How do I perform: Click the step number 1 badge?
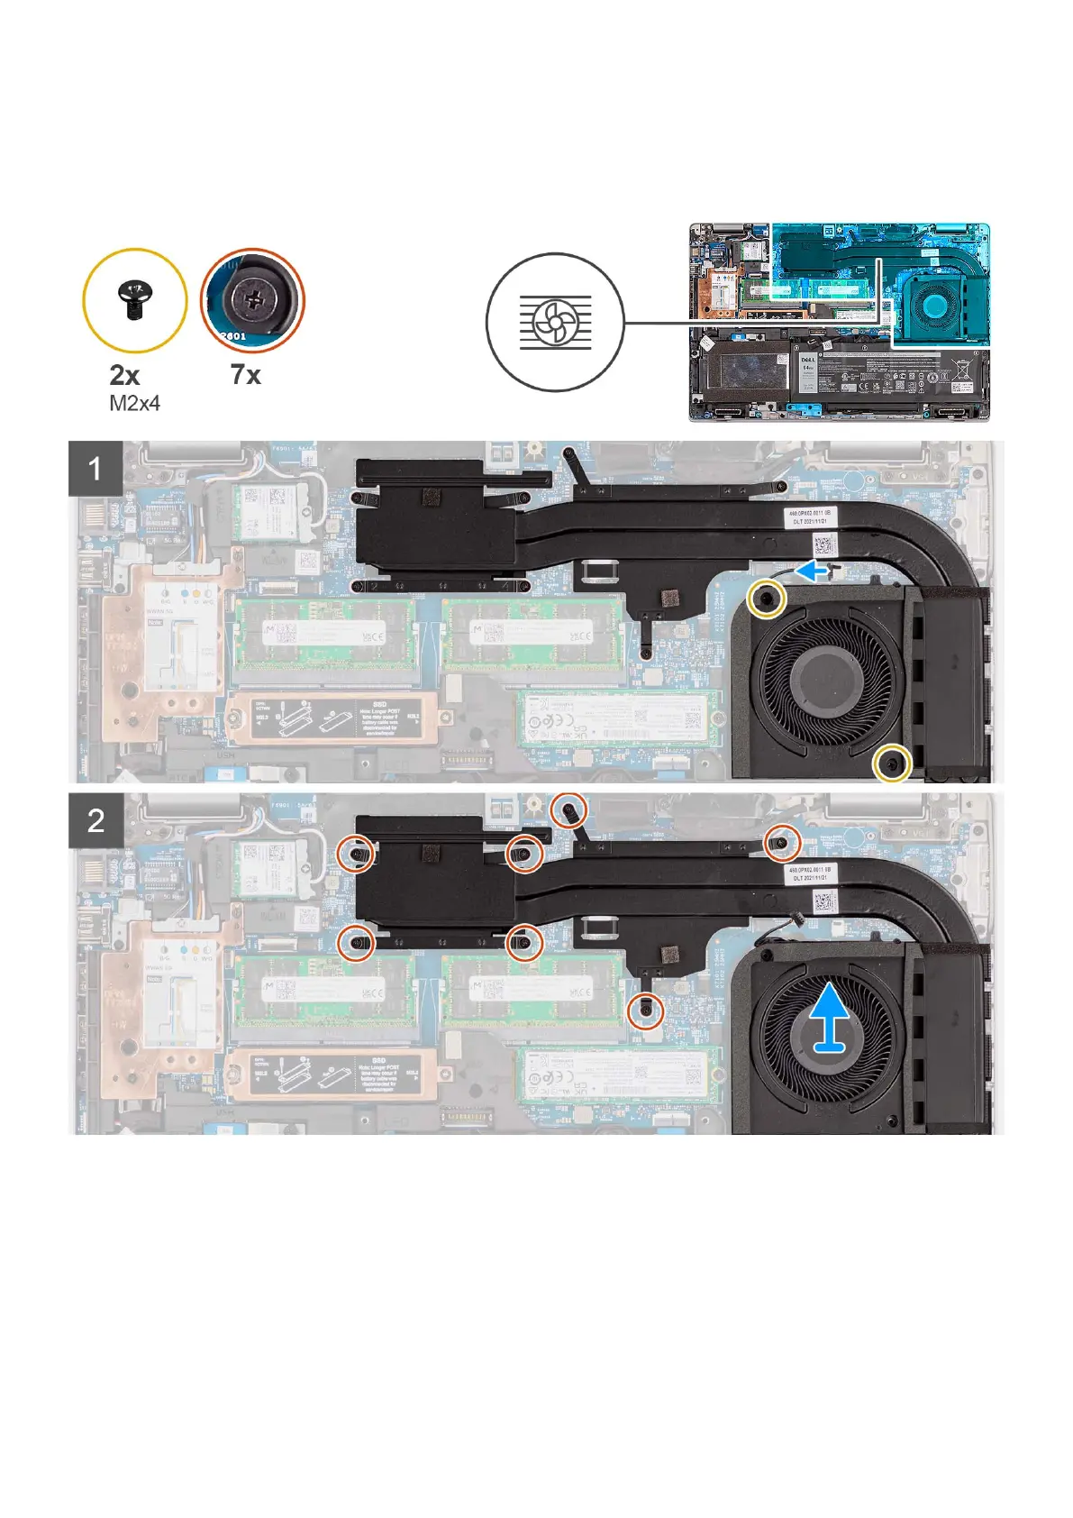[95, 469]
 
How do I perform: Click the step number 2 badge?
[95, 820]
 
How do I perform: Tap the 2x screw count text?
[124, 376]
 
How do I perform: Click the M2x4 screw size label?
[134, 404]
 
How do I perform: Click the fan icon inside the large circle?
[555, 322]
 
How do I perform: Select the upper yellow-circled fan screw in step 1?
[767, 599]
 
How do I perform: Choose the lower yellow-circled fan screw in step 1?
[893, 764]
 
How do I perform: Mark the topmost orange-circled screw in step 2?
[569, 809]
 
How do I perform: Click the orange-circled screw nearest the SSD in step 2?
[646, 1012]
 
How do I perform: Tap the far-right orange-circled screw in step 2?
[782, 843]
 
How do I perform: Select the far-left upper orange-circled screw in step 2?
[358, 853]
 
